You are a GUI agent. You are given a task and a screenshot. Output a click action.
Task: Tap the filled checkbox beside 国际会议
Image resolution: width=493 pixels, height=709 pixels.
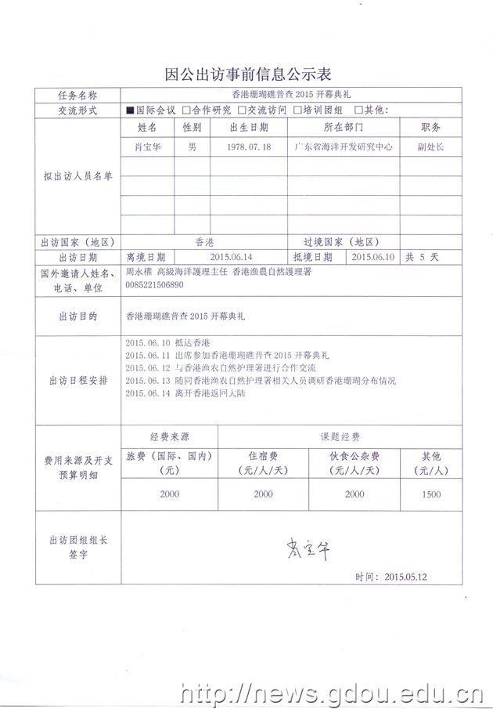click(x=130, y=110)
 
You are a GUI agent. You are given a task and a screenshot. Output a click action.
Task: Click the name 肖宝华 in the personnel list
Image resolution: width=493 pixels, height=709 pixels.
click(x=148, y=147)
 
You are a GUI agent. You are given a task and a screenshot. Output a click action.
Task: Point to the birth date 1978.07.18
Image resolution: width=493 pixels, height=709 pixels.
click(x=249, y=147)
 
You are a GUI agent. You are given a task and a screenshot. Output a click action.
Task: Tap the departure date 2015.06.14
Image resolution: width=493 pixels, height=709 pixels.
click(x=232, y=256)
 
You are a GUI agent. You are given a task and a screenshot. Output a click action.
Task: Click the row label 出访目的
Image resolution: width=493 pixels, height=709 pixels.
click(x=78, y=317)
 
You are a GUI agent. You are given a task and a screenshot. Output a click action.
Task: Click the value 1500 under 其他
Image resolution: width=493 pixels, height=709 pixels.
click(x=430, y=494)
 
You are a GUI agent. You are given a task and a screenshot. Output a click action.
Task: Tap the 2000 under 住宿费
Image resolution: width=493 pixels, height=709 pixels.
click(x=263, y=494)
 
